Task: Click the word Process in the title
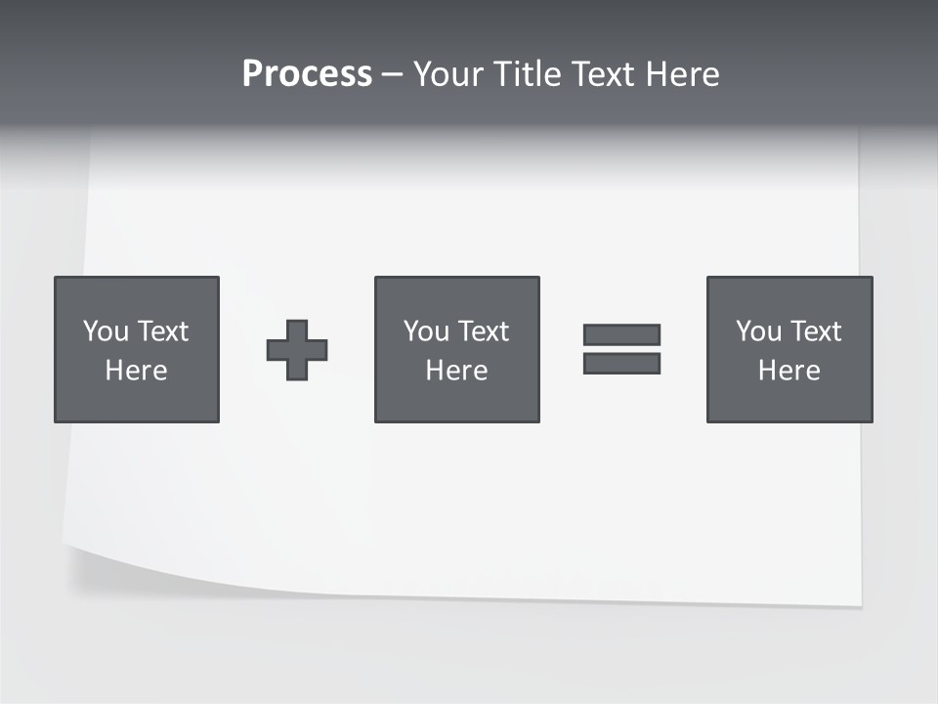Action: click(x=307, y=74)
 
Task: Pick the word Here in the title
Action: click(x=685, y=74)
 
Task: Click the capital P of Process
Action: click(x=253, y=74)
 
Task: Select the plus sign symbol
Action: click(x=297, y=350)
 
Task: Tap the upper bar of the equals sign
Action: click(x=621, y=334)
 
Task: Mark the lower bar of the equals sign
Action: click(x=621, y=364)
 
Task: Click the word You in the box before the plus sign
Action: click(x=106, y=331)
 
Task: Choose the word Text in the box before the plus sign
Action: click(x=162, y=331)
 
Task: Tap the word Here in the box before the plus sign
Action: click(x=136, y=371)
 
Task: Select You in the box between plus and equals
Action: click(x=426, y=331)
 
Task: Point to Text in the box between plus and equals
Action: click(x=483, y=331)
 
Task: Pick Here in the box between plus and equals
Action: click(x=456, y=371)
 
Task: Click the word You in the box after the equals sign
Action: click(x=758, y=331)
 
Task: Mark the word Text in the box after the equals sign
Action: click(x=815, y=331)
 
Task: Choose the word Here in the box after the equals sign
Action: click(x=789, y=371)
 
